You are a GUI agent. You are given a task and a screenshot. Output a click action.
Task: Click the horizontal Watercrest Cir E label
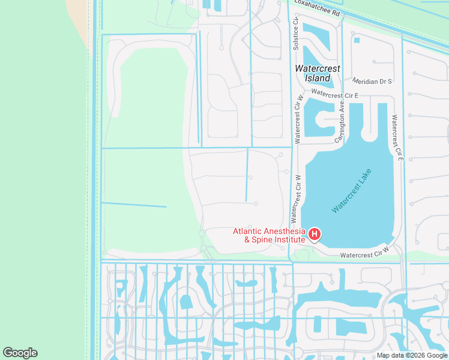[334, 95]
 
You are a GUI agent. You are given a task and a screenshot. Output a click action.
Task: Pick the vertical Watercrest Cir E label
[397, 137]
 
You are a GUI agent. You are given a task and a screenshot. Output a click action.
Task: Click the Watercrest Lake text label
[352, 191]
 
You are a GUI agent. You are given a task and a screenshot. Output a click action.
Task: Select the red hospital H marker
[314, 233]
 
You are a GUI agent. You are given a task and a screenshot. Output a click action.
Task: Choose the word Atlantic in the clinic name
[246, 231]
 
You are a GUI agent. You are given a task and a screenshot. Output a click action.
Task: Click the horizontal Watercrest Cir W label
[364, 255]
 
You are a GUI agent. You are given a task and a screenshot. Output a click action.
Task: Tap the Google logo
[20, 353]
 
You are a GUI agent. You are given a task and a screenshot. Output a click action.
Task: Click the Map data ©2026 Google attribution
[412, 355]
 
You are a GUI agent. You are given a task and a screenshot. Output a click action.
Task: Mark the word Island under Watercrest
[318, 78]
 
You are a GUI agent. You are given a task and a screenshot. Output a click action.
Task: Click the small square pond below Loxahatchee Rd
[357, 40]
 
